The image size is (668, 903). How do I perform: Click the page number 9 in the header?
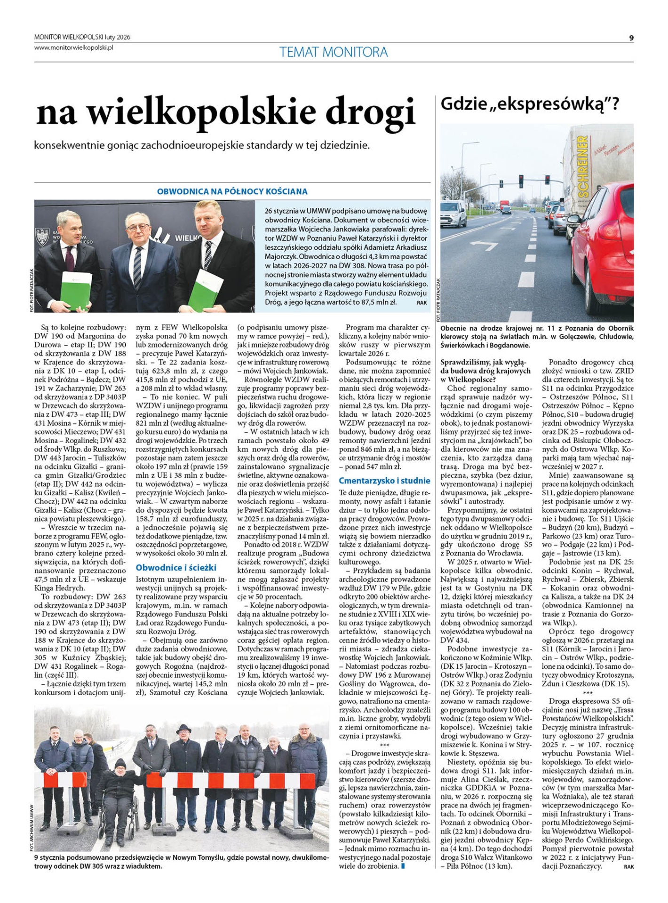click(631, 38)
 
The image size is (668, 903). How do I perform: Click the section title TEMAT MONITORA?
click(334, 52)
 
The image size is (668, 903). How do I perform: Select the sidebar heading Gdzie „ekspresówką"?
click(529, 104)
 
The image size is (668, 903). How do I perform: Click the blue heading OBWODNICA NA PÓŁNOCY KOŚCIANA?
click(232, 191)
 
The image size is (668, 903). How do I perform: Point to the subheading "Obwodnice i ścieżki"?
click(176, 568)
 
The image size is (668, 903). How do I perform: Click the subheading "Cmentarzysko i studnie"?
click(384, 481)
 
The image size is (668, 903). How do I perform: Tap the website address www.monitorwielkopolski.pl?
click(74, 48)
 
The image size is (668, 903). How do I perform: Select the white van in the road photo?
click(453, 214)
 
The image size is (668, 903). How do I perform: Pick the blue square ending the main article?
click(403, 866)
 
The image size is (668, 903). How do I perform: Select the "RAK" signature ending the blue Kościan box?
click(422, 303)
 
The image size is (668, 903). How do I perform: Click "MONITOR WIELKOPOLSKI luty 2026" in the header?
click(82, 37)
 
